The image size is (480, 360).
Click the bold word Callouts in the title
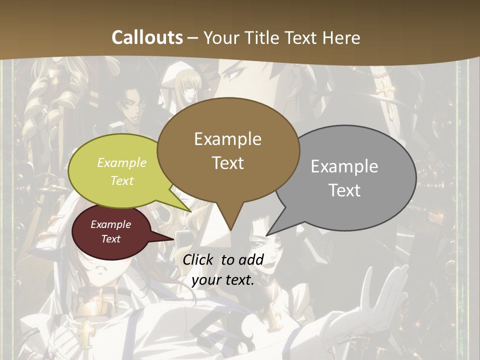[147, 37]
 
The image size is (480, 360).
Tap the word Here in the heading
[341, 37]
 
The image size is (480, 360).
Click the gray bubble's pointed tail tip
[267, 235]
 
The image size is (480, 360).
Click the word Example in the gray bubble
[344, 166]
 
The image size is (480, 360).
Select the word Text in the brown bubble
[227, 163]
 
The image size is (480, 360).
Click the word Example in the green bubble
[122, 162]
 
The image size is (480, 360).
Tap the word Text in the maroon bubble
[110, 239]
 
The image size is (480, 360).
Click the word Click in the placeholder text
[199, 259]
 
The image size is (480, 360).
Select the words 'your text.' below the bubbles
[222, 280]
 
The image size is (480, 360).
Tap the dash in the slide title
[193, 37]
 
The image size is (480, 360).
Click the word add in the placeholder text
[251, 259]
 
